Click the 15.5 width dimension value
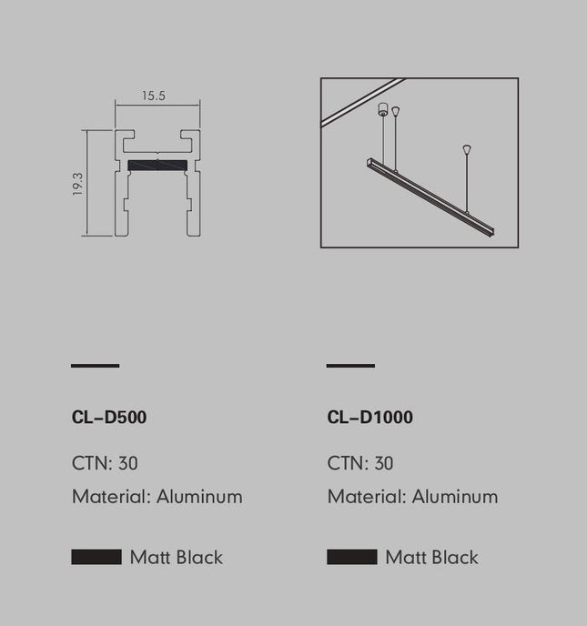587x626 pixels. point(153,96)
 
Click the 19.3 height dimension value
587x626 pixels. point(77,184)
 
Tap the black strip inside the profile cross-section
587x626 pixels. point(157,166)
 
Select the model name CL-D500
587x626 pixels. point(109,418)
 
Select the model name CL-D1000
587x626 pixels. point(369,418)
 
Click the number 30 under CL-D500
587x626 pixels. point(128,463)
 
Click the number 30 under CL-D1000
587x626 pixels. point(384,463)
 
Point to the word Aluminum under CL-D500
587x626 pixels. point(199,497)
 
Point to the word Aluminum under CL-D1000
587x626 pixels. point(455,497)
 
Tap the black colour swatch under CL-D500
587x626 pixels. point(96,557)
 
